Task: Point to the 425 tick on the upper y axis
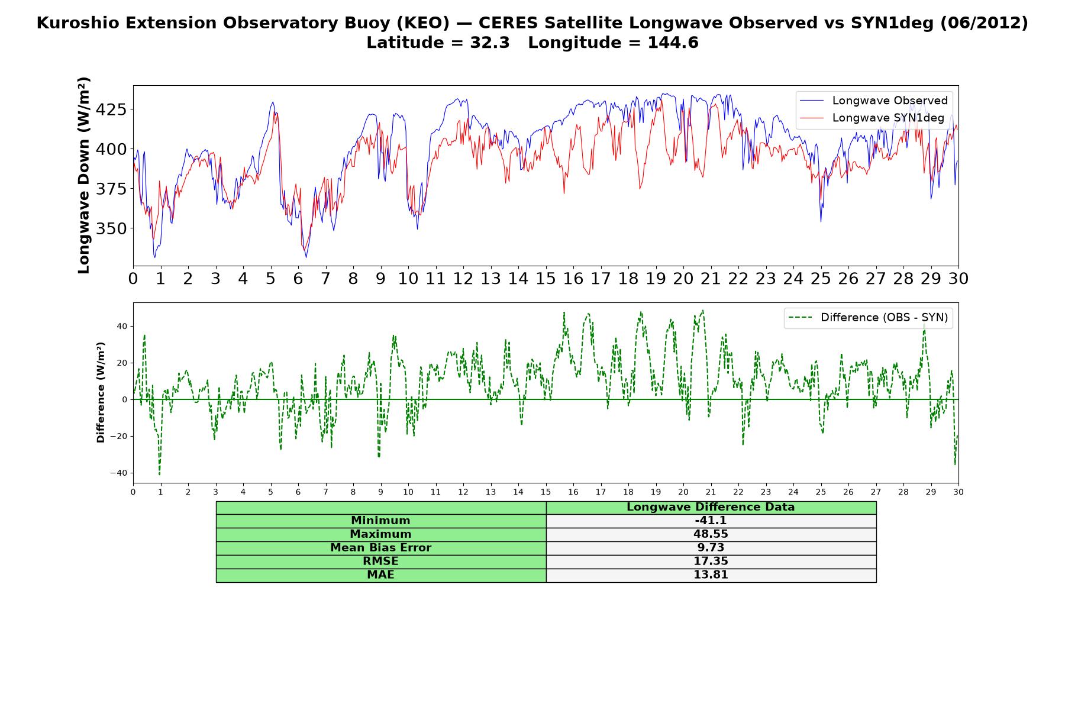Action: click(111, 109)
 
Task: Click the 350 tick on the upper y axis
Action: click(111, 228)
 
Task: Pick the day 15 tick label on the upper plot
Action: click(546, 279)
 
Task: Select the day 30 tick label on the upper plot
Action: click(958, 279)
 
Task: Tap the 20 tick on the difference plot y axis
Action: click(122, 363)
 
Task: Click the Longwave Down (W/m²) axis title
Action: click(83, 175)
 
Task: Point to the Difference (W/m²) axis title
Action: click(101, 392)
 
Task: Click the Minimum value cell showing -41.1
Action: click(711, 521)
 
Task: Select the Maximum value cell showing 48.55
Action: click(711, 534)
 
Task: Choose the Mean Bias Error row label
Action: click(380, 548)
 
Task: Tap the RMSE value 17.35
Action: click(711, 561)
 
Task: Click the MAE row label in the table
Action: click(380, 575)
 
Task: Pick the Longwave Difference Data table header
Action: click(711, 507)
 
